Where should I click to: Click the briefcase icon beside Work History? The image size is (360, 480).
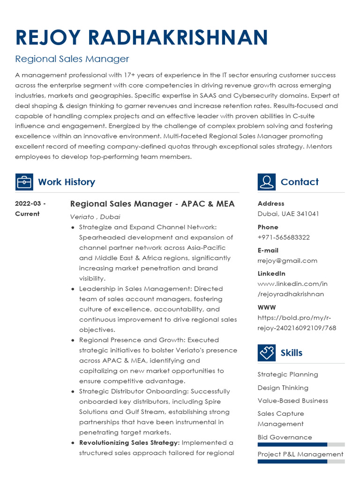tap(24, 182)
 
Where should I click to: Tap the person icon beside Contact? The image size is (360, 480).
tap(266, 182)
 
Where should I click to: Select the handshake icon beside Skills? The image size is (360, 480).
tap(266, 352)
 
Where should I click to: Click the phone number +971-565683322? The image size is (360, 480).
tap(284, 237)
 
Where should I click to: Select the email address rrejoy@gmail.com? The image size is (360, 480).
tap(287, 261)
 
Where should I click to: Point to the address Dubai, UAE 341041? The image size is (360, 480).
tap(288, 214)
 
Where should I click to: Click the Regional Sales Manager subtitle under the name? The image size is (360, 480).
tap(72, 59)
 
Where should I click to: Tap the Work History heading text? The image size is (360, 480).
tap(67, 182)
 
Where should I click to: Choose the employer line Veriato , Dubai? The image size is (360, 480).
tap(95, 217)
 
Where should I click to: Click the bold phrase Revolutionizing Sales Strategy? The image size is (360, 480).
tap(129, 442)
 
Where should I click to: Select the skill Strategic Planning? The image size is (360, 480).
tap(288, 375)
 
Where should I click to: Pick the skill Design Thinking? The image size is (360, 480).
tap(283, 388)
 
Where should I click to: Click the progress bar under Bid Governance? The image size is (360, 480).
tap(301, 444)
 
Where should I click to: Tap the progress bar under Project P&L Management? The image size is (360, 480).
tap(301, 461)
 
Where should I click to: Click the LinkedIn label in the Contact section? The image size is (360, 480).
tap(271, 273)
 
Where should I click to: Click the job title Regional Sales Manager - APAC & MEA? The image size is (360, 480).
tap(152, 204)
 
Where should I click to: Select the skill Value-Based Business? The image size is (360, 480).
tap(293, 401)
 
